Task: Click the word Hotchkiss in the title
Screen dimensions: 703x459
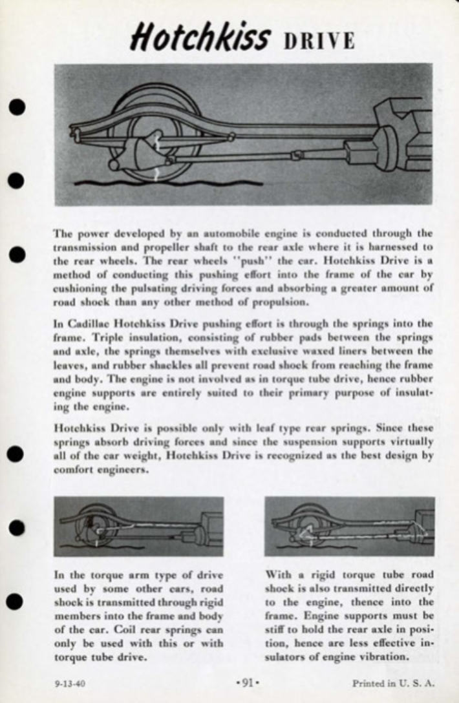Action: [199, 36]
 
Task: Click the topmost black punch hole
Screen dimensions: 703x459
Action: [18, 108]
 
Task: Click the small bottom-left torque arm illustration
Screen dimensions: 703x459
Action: [138, 526]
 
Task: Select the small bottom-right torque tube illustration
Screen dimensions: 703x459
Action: [350, 526]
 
